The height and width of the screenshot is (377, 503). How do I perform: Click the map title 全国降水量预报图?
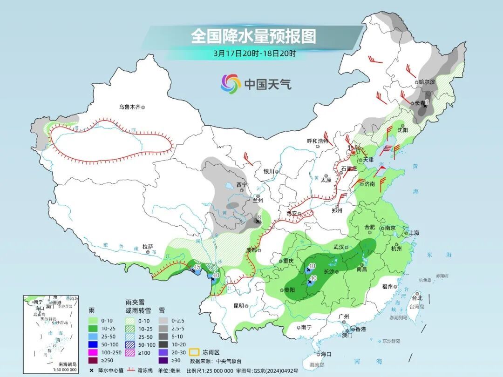coord(253,36)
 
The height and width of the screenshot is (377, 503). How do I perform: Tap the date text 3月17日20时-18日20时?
coord(254,53)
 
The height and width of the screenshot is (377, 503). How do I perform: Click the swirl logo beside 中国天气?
coord(231,84)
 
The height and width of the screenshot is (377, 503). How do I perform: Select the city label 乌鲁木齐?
coord(129,107)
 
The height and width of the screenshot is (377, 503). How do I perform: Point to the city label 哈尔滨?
coord(426,81)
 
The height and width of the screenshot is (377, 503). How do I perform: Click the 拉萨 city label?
coord(148,247)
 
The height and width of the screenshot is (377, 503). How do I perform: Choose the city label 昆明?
coord(238,306)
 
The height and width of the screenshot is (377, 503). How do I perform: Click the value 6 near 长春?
coord(427,102)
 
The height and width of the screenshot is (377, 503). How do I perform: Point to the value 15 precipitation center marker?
coord(197,267)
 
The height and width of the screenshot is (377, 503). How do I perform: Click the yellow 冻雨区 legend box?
coord(195,352)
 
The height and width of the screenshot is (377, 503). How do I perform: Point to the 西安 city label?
coord(292,213)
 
